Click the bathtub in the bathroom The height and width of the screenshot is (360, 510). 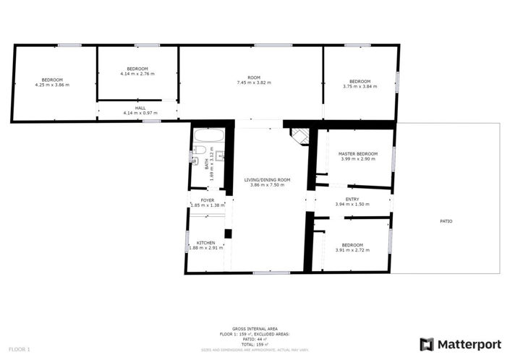[210, 135]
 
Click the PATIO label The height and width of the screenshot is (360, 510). [446, 220]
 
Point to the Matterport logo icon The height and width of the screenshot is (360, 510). [427, 343]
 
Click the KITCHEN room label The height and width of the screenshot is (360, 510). [206, 242]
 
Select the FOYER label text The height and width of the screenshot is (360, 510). [208, 200]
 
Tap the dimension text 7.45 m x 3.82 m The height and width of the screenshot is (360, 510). [253, 82]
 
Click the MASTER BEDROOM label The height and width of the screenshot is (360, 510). [358, 153]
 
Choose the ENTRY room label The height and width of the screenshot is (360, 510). [352, 200]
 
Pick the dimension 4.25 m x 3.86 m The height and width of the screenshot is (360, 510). [51, 85]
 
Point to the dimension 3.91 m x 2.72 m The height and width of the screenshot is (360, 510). [352, 250]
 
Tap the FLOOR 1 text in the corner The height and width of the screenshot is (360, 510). [19, 349]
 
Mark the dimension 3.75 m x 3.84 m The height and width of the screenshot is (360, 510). [360, 86]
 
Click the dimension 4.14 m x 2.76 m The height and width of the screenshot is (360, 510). [137, 74]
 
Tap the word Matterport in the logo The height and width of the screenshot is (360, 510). [467, 343]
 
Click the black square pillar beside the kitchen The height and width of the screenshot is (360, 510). [228, 233]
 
